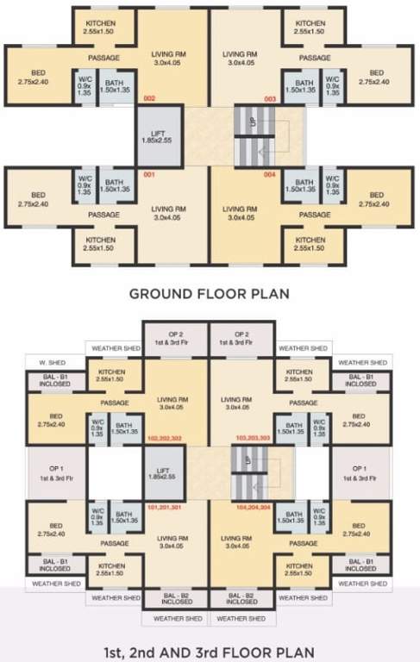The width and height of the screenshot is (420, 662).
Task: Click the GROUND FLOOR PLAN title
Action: (x=209, y=293)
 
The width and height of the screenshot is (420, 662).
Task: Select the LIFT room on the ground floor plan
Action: (x=158, y=136)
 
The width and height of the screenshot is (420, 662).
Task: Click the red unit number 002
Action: (x=149, y=99)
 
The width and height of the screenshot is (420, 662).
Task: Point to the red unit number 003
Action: (x=270, y=99)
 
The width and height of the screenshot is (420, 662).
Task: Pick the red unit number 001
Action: (x=148, y=175)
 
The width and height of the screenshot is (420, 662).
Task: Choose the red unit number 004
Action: (x=269, y=175)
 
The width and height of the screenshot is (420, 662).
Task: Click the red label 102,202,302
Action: (x=165, y=438)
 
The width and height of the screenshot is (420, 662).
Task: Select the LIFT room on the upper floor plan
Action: (x=158, y=473)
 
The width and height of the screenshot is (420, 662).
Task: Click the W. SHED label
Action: (x=44, y=363)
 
